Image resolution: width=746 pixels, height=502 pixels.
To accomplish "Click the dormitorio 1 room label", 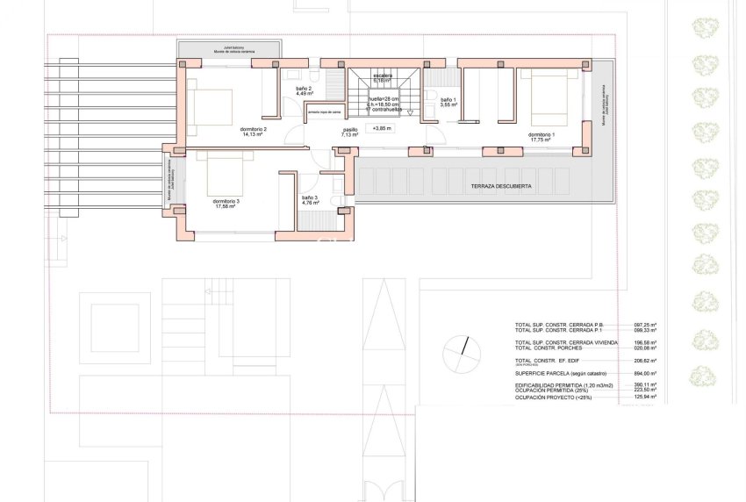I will click(x=541, y=137).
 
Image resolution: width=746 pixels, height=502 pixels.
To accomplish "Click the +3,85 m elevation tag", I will click(x=382, y=129).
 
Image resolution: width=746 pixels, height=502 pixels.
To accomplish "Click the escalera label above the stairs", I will click(x=382, y=77).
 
